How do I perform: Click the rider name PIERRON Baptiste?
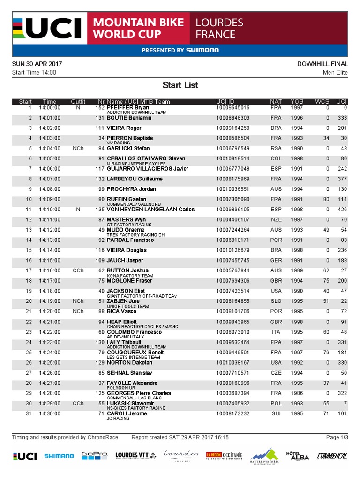click(130, 138)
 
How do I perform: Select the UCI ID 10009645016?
click(232, 108)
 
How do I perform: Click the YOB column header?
click(297, 102)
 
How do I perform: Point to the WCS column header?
click(322, 102)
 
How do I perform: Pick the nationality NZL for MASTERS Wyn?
click(276, 220)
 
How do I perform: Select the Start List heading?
click(180, 85)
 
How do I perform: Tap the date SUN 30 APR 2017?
click(37, 64)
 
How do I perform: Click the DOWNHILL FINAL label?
click(322, 64)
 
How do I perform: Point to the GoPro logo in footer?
click(94, 456)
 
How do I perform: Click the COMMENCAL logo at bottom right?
click(332, 456)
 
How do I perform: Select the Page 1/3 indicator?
click(337, 438)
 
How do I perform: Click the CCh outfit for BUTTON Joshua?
click(78, 271)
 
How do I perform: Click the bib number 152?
click(99, 108)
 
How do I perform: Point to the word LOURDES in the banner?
click(219, 22)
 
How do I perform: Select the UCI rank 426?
click(342, 210)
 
